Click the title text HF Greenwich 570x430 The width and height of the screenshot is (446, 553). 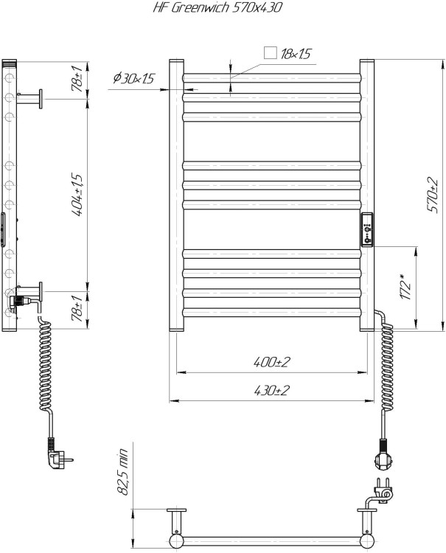(217, 7)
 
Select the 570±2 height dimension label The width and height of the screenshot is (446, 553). (433, 195)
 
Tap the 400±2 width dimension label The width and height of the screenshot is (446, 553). (271, 362)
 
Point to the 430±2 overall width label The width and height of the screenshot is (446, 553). (271, 390)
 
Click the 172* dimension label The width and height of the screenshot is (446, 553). (406, 286)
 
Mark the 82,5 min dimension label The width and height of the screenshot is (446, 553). (123, 472)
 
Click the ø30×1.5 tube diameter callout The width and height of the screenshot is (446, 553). (133, 78)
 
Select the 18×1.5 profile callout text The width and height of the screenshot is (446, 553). (296, 54)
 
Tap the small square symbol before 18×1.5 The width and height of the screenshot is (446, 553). (271, 53)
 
